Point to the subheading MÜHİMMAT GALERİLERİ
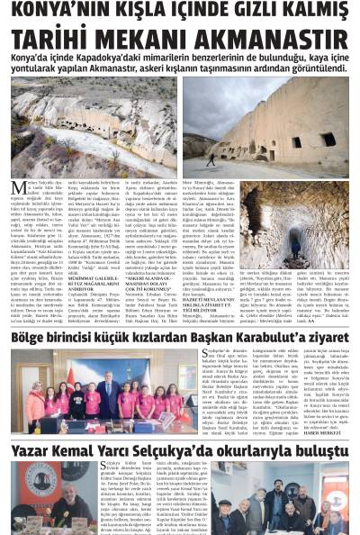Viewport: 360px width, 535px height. coord(89,280)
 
